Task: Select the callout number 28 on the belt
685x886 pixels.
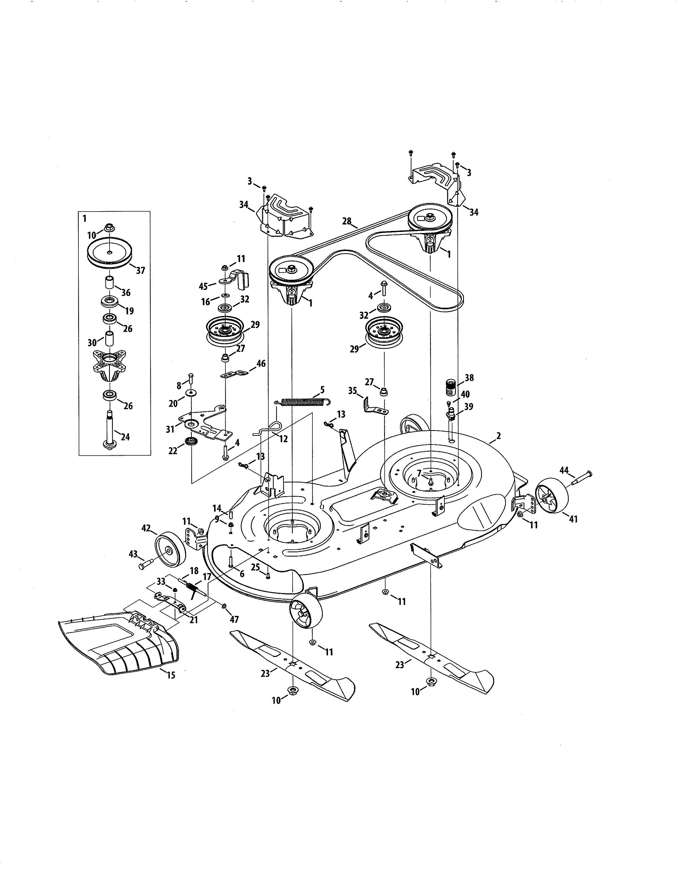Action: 347,221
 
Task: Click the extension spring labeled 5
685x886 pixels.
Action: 302,402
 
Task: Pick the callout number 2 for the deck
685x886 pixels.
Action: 498,436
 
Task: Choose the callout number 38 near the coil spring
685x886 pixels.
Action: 469,378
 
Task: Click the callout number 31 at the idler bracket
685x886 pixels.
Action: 170,429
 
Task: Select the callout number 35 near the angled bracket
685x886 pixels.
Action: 352,391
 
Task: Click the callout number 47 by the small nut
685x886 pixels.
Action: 234,619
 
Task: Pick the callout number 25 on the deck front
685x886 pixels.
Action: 255,567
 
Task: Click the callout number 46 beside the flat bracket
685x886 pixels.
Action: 261,364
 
